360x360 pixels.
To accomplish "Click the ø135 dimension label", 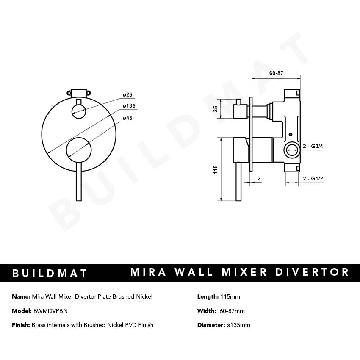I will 129,105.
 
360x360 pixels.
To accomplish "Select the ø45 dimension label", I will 127,118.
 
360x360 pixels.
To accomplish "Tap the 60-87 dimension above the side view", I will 276,73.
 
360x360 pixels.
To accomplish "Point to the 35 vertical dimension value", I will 215,109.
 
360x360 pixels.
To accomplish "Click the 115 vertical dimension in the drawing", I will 215,169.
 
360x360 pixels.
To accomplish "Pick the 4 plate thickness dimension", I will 259,179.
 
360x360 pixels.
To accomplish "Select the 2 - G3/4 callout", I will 313,146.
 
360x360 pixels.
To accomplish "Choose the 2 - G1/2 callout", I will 313,179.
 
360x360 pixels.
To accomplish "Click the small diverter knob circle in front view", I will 78,111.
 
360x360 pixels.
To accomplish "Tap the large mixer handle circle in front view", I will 78,150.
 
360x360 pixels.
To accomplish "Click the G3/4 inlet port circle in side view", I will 290,149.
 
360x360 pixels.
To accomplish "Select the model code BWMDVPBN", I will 50,311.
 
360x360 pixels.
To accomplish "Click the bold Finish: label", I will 21,325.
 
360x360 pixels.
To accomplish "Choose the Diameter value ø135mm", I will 238,325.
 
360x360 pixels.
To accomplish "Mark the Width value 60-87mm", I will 232,311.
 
